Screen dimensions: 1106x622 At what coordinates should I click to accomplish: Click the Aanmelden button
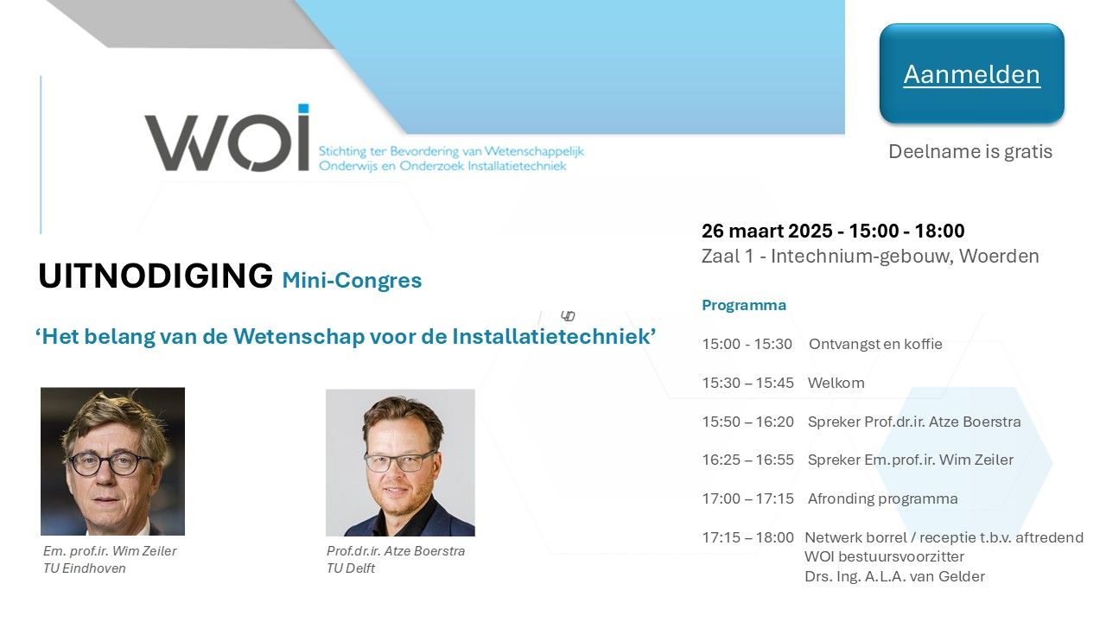(971, 73)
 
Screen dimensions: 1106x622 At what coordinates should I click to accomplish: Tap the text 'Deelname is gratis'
(970, 151)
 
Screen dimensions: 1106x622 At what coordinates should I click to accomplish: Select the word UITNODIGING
(156, 276)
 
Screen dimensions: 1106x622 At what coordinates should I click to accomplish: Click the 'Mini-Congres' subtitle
(352, 281)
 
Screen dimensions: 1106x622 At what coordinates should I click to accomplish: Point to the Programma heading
(744, 305)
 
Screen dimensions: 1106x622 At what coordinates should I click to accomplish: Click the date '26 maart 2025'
(766, 231)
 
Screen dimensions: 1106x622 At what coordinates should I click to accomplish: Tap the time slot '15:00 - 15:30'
(747, 344)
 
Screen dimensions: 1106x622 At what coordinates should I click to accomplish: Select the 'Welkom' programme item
(836, 383)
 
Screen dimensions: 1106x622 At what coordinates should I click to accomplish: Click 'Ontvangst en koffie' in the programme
(875, 344)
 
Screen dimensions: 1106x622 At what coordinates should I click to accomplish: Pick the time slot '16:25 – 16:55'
(748, 460)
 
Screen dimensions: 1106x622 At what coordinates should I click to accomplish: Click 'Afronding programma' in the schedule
(883, 498)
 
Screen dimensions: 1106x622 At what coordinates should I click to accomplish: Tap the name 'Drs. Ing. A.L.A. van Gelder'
(894, 576)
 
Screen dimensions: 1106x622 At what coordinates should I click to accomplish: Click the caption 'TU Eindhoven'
(85, 568)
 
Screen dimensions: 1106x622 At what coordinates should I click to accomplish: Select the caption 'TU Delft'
(351, 568)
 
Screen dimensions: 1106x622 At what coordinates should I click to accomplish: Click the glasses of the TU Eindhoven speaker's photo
(110, 463)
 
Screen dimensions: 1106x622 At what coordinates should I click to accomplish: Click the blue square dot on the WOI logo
(303, 109)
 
